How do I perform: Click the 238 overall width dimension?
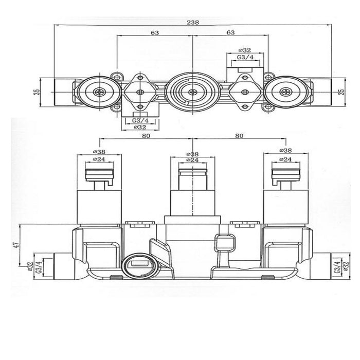tap(193, 22)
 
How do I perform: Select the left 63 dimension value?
tap(155, 33)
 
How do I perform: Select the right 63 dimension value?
tap(230, 32)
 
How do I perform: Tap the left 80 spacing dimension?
tap(146, 136)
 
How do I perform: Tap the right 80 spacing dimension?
tap(239, 136)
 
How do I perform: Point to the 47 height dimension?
tap(16, 245)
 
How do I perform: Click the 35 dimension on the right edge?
tap(342, 92)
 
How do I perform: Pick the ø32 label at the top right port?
tap(245, 50)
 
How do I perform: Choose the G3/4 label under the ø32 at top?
tap(245, 57)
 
